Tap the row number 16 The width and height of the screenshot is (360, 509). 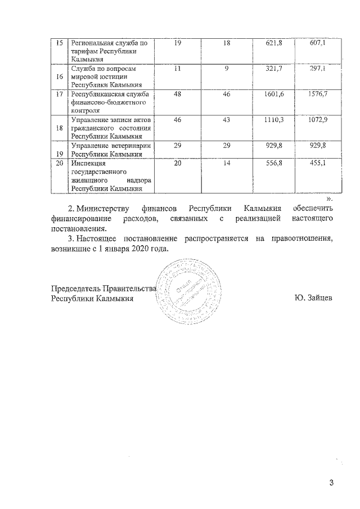[x=58, y=76]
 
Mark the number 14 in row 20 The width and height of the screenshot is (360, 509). [x=227, y=163]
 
